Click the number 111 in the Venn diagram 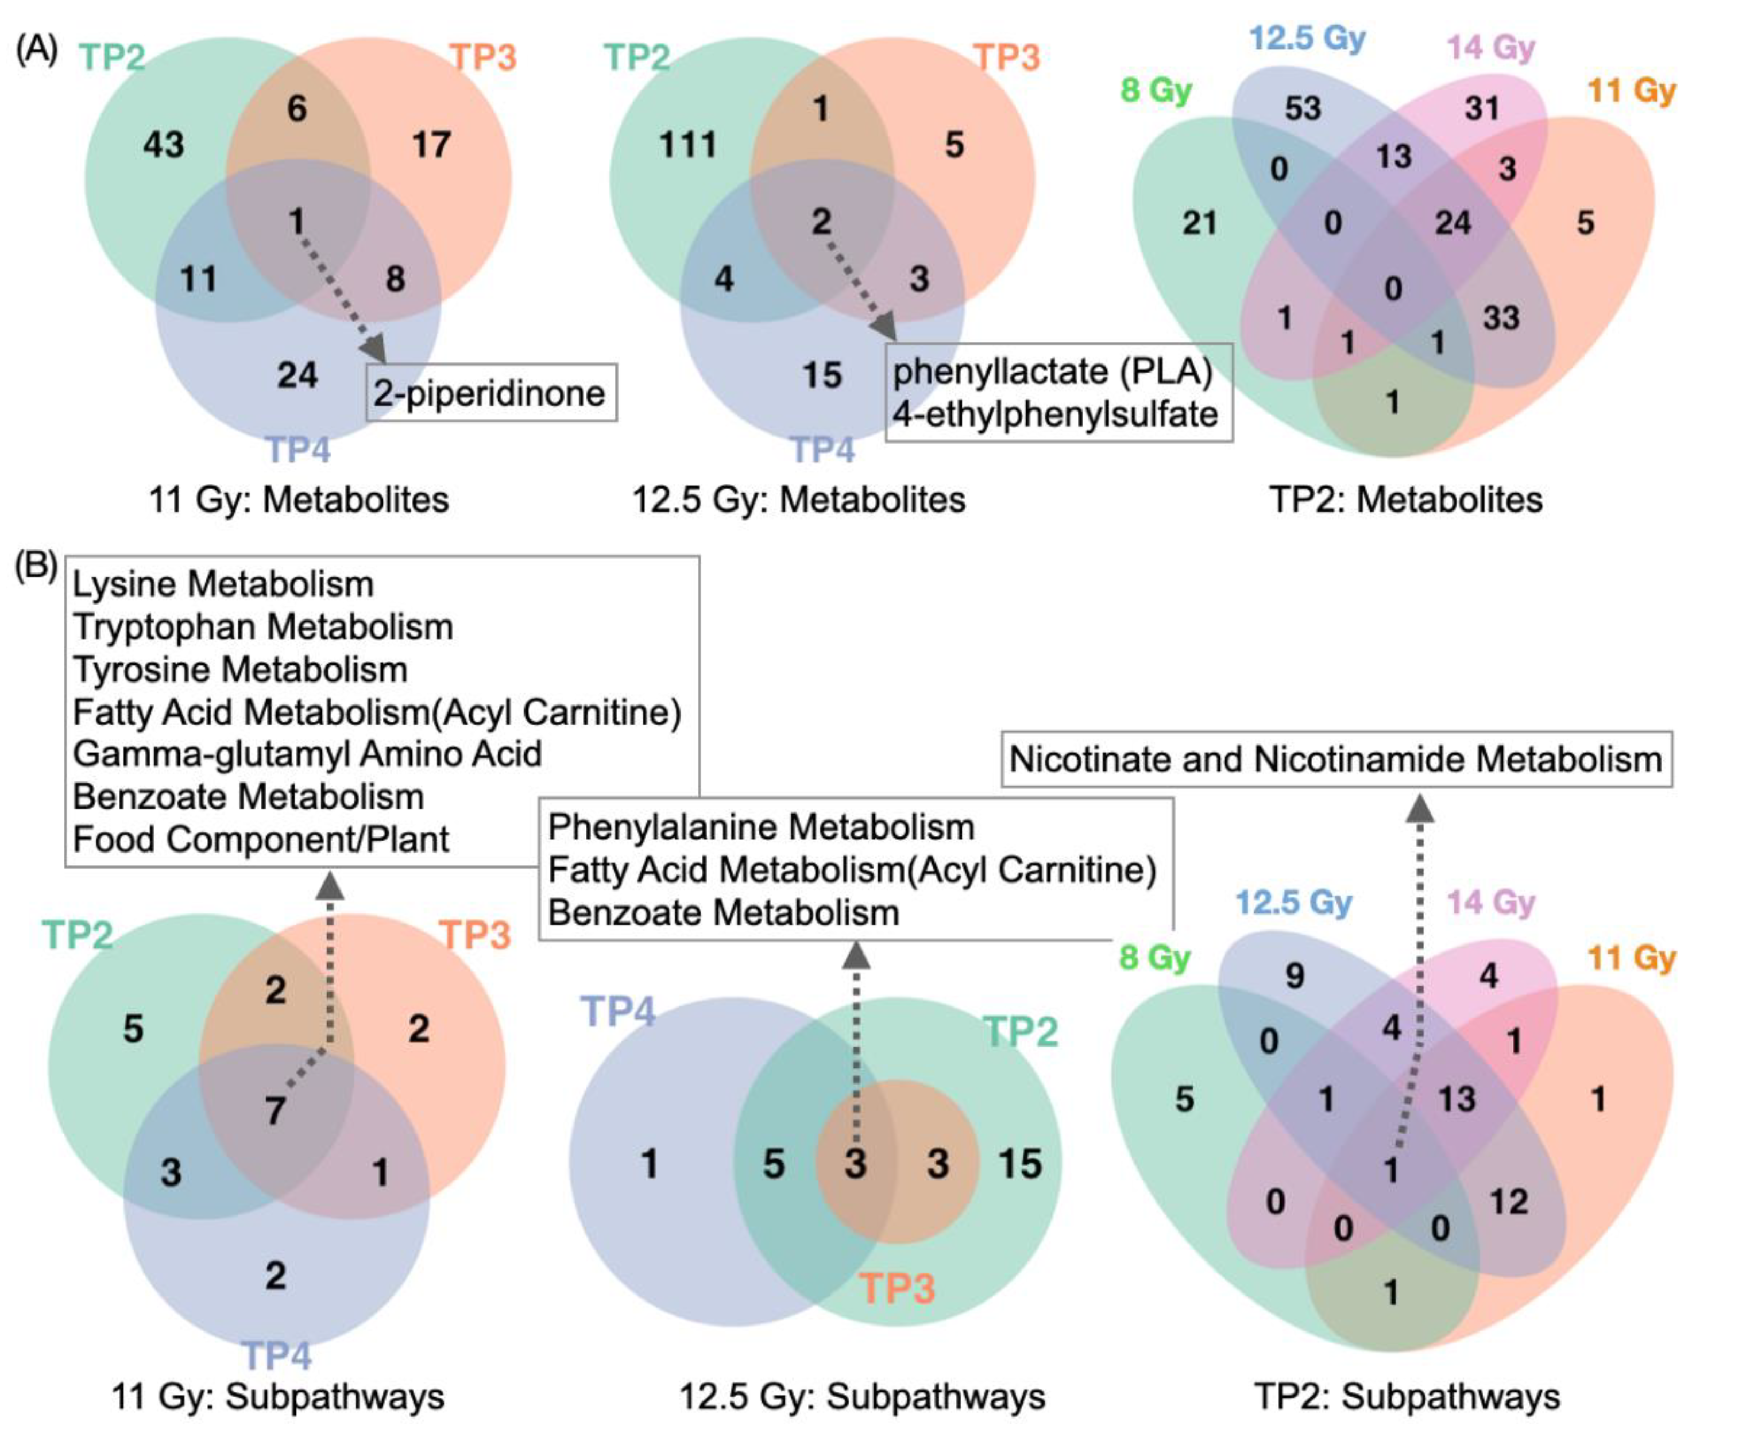(x=687, y=145)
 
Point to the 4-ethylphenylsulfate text (x=1055, y=414)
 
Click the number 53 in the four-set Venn (x=1302, y=108)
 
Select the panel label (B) (x=37, y=566)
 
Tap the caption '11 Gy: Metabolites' (x=299, y=499)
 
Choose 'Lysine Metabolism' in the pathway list (x=223, y=584)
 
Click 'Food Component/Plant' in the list (x=261, y=840)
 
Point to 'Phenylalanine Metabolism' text (x=761, y=827)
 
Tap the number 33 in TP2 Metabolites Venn (x=1501, y=318)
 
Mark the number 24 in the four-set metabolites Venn (x=1452, y=223)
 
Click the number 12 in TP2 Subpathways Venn (x=1509, y=1201)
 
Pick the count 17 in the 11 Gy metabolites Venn (x=431, y=145)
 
